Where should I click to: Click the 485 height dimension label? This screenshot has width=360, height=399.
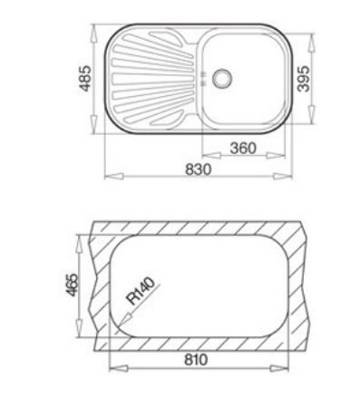[85, 78]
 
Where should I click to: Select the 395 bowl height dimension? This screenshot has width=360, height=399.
[303, 79]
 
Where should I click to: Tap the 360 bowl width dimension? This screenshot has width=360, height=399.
[243, 148]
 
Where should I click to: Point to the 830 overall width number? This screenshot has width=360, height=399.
[199, 169]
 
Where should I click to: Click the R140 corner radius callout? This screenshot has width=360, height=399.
[141, 291]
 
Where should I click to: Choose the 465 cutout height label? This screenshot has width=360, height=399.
[73, 285]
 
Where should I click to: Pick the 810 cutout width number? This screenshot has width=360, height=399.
[196, 359]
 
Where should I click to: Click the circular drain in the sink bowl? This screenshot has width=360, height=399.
[222, 78]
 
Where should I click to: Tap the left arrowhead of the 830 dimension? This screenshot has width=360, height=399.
[114, 176]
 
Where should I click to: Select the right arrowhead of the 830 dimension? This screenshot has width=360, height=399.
[283, 176]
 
